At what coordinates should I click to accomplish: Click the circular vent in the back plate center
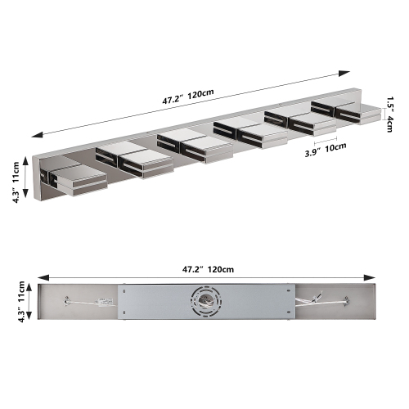click(x=204, y=303)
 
